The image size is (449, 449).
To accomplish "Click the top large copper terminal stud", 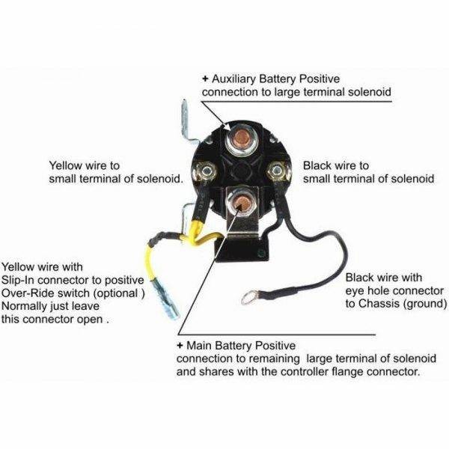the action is pos(242,139).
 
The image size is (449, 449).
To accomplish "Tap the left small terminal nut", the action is pos(206,171).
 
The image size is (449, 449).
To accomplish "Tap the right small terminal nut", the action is pos(276,171).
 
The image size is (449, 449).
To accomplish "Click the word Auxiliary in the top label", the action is pos(233,79).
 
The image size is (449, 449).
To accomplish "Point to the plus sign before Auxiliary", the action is pos(205,79).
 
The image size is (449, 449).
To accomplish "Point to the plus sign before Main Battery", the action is pos(180,345).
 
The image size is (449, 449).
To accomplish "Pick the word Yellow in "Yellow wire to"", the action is pos(66,165).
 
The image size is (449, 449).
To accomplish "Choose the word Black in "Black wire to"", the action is pos(317,165).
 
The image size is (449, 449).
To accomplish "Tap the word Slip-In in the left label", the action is pos(18,280).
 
